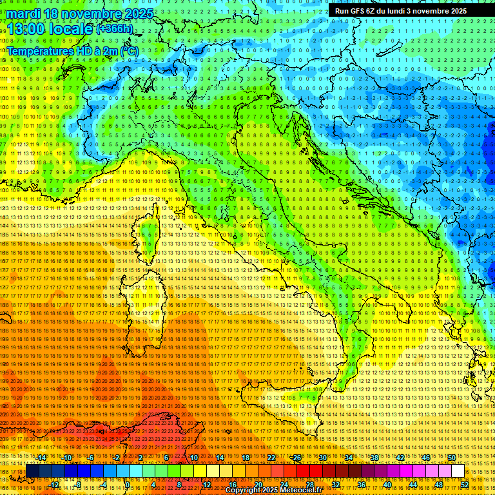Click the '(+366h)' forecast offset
coord(115,29)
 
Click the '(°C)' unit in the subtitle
coord(129,50)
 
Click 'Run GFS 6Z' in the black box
coord(355,11)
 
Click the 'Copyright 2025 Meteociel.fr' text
coord(273,490)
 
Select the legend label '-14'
coord(42,458)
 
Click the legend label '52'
coord(465,485)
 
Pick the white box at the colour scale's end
coord(458,471)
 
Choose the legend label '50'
coord(452,458)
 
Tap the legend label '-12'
coord(54,485)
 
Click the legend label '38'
coord(374,458)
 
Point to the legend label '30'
coord(323,458)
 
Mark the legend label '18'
coord(246,458)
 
